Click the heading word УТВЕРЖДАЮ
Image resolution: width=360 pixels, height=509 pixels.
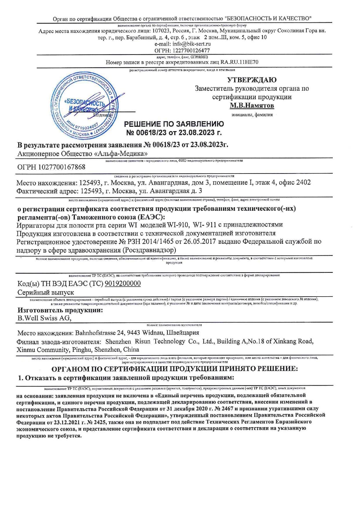[x=252, y=80]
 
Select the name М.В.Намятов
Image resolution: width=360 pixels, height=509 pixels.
[x=252, y=105]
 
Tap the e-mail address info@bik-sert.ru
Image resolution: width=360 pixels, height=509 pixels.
[x=191, y=44]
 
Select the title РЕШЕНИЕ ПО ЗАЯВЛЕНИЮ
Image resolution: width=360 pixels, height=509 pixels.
[x=174, y=124]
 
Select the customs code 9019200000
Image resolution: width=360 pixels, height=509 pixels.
[x=123, y=284]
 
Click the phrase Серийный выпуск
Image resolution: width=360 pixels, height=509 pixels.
[x=46, y=293]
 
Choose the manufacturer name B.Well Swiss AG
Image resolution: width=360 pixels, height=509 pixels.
[x=44, y=318]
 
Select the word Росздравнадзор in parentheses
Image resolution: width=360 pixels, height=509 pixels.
[x=150, y=250]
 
